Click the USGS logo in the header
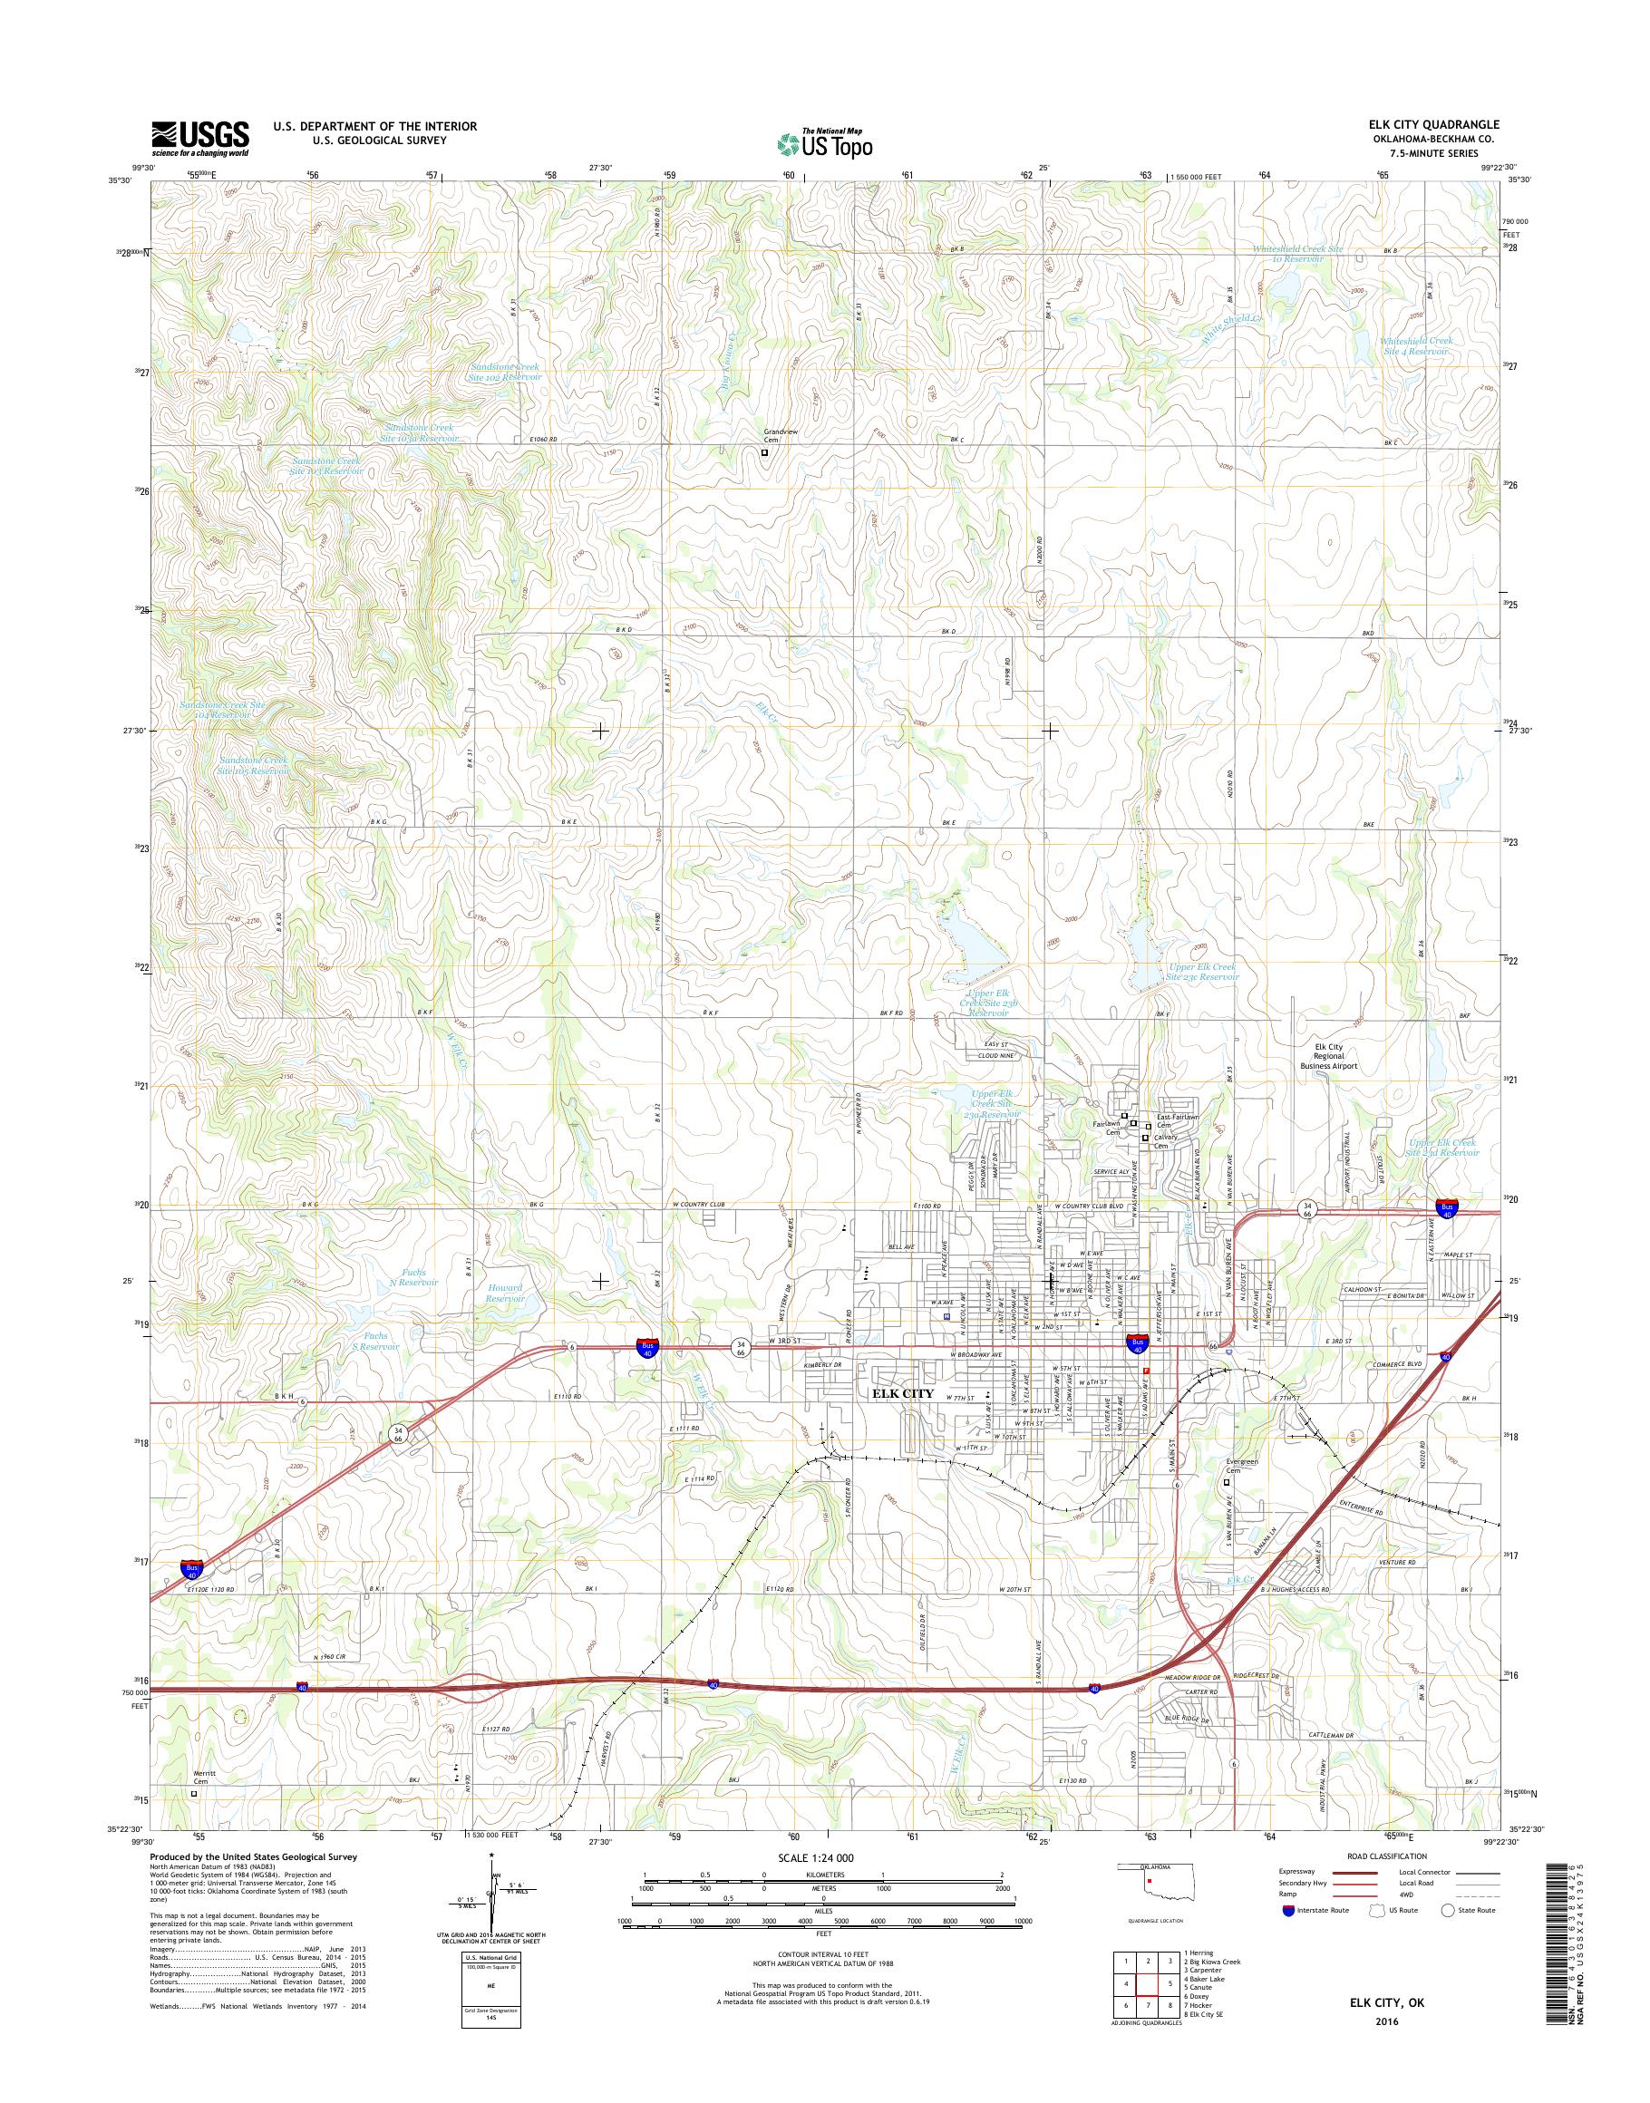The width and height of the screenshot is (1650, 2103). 200,138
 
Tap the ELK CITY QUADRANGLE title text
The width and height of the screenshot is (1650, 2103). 1432,124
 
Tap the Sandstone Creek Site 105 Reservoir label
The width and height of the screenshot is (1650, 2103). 254,766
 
